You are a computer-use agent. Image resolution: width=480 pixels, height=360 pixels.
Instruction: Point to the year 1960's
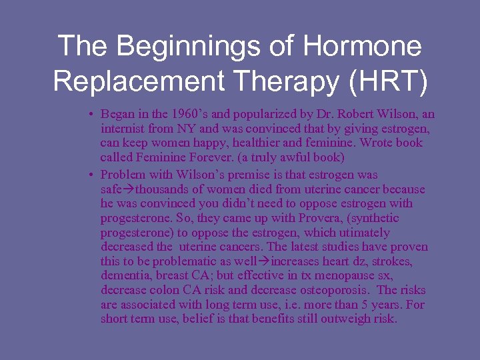click(x=185, y=114)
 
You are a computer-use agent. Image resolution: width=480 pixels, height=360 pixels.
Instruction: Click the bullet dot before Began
click(x=90, y=115)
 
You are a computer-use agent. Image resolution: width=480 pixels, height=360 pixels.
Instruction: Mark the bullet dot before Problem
click(x=90, y=175)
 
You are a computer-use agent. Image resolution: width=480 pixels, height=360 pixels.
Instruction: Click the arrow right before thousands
click(x=129, y=190)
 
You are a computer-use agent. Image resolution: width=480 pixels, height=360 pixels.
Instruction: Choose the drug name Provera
click(x=306, y=218)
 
